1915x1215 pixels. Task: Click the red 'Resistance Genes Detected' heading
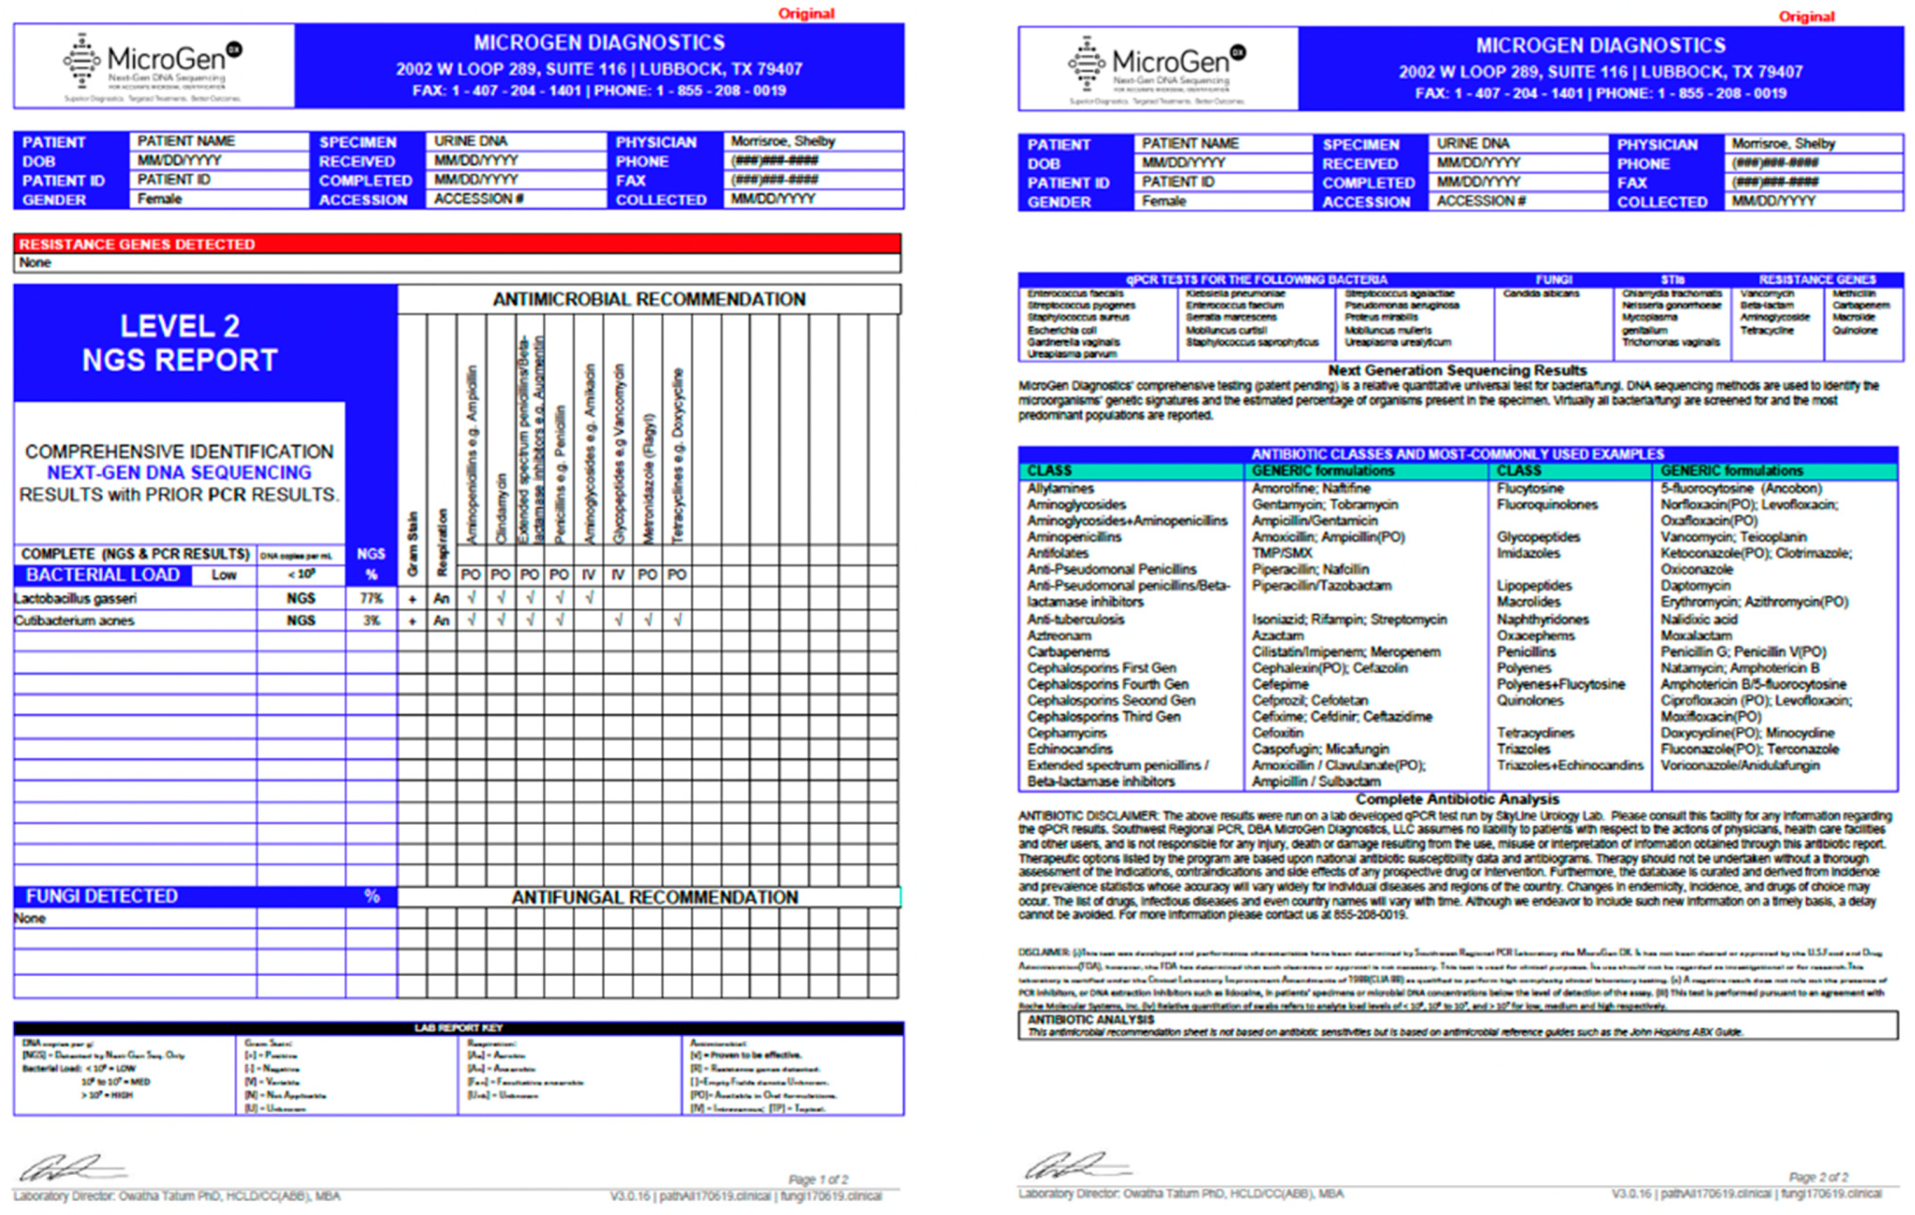pos(137,244)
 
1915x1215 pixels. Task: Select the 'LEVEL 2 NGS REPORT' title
pos(180,343)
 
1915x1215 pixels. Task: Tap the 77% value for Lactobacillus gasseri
pos(371,598)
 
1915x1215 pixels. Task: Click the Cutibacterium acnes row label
pos(74,621)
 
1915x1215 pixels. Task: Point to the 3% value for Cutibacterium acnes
pos(371,621)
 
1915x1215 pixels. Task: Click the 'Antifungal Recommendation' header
pos(654,897)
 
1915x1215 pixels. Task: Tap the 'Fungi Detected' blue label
pos(102,896)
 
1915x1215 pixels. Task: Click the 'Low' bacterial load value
pos(223,575)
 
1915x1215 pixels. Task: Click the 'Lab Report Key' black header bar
pos(458,1027)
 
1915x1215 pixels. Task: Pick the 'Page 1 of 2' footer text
pos(818,1178)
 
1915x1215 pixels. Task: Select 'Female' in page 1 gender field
pos(159,199)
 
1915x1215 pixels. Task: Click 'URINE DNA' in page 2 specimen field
pos(1472,143)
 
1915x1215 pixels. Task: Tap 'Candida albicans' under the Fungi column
pos(1541,294)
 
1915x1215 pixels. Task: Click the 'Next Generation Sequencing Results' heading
pos(1457,370)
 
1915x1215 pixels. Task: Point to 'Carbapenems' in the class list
pos(1067,651)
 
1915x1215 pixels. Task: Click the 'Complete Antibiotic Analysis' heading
pos(1457,798)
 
